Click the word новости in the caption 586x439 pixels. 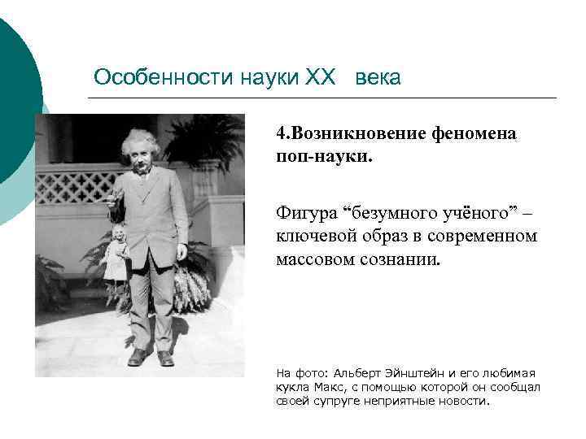(x=466, y=402)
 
